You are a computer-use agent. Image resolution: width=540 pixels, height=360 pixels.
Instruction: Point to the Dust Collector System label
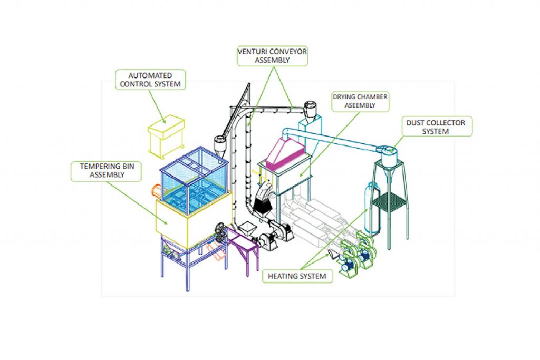coord(436,127)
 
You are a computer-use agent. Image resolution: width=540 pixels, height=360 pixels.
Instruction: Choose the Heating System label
coord(298,276)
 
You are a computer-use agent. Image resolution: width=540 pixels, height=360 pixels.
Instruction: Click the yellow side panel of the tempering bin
coord(174,220)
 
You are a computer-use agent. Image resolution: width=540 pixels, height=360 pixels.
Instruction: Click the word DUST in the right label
coord(416,123)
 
